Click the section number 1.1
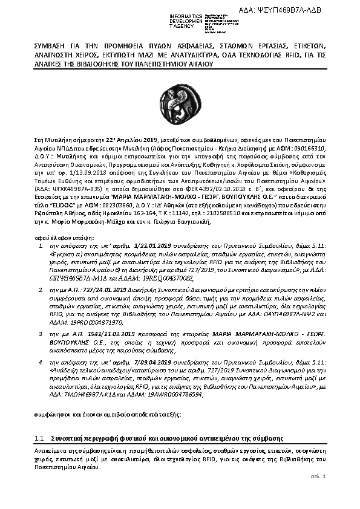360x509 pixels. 39,437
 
